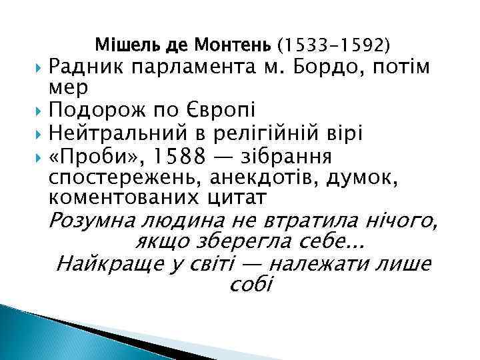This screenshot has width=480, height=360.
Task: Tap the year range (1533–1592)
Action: click(x=334, y=46)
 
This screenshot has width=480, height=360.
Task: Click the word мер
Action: click(x=64, y=87)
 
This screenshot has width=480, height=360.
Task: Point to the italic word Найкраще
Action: click(x=110, y=265)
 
